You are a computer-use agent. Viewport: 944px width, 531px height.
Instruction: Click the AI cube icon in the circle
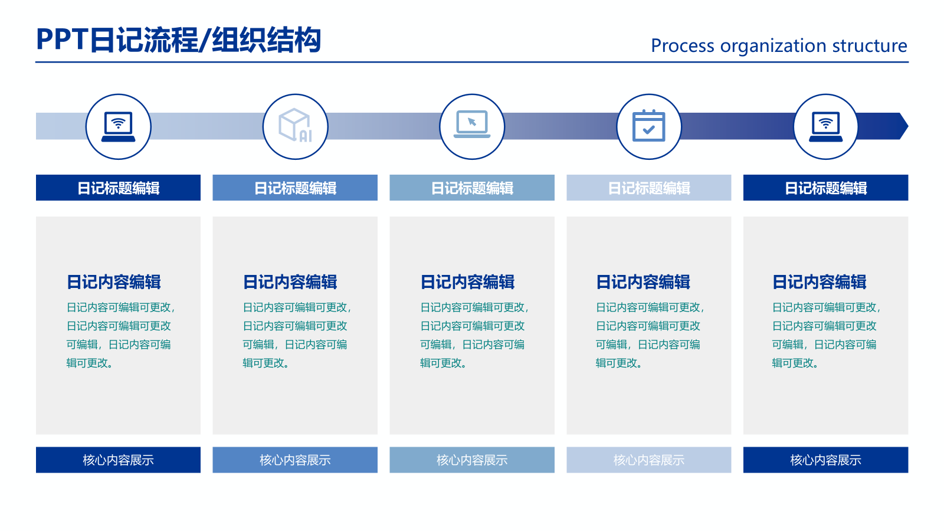tap(295, 126)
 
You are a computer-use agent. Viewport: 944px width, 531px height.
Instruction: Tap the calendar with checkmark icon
tap(648, 126)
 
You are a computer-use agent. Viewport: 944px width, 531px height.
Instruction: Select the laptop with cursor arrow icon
tap(472, 125)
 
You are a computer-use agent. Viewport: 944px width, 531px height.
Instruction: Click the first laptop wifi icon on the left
tap(118, 126)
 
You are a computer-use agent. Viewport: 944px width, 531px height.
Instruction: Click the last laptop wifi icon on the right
tap(825, 126)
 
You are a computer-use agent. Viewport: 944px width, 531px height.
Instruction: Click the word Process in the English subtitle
tap(682, 46)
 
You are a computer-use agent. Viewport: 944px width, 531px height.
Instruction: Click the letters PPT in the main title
tap(62, 40)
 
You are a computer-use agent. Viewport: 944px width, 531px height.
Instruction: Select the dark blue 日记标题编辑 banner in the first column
tap(118, 188)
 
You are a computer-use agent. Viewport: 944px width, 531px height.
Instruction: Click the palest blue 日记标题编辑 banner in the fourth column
tap(648, 188)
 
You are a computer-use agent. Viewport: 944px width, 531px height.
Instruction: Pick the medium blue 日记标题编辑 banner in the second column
tap(295, 188)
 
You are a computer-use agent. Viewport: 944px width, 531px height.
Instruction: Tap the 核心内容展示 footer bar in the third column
tap(472, 460)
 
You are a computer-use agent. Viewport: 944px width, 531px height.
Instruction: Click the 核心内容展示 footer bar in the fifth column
tap(825, 460)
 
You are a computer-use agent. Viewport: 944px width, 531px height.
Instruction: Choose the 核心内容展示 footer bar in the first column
tap(118, 460)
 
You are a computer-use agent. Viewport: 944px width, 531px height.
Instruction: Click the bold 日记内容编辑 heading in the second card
tap(290, 282)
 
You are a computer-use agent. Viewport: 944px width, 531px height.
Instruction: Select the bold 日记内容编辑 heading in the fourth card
tap(643, 282)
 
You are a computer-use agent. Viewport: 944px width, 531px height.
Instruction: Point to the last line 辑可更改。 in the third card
tap(443, 363)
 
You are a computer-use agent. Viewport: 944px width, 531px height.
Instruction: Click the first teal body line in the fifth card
tap(826, 307)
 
